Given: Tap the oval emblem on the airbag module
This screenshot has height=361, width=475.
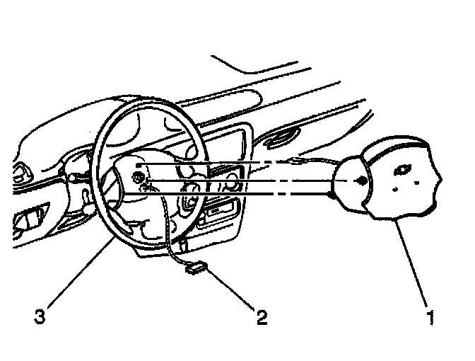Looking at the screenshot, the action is pyautogui.click(x=405, y=170).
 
